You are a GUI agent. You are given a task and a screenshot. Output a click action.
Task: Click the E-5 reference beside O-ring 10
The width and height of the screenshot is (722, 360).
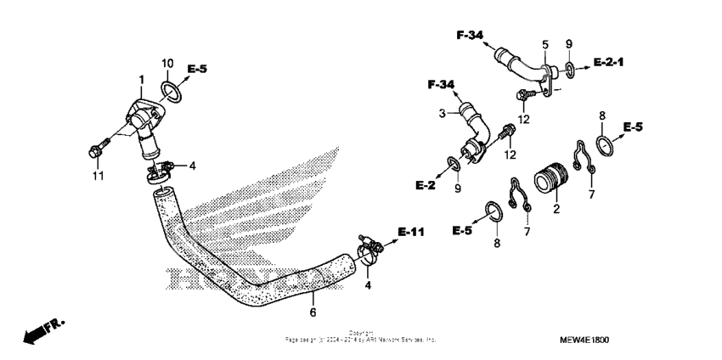point(197,69)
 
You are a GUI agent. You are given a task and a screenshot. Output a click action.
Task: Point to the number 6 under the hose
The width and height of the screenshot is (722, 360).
point(312,312)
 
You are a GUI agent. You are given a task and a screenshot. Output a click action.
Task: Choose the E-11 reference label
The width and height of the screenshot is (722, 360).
point(411,232)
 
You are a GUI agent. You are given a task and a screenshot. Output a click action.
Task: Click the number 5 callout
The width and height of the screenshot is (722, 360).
point(544,43)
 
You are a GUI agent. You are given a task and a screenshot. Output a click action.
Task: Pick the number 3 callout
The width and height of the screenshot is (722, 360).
point(443,113)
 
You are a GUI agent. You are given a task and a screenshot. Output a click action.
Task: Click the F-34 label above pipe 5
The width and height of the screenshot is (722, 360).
point(469,35)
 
